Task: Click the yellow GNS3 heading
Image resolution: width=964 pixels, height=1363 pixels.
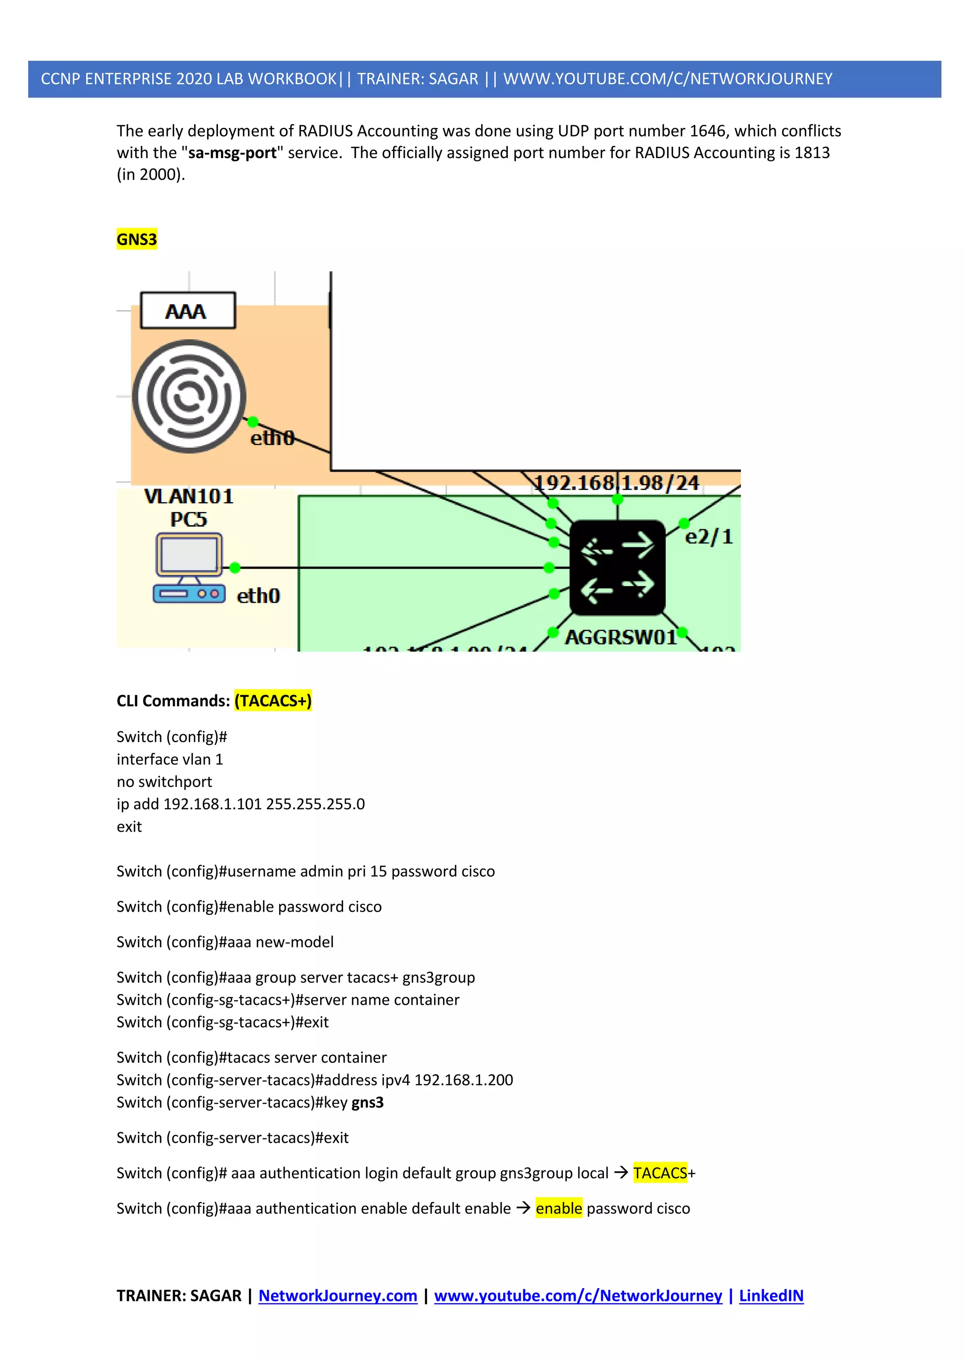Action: point(137,239)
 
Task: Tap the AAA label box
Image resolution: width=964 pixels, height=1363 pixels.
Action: point(188,311)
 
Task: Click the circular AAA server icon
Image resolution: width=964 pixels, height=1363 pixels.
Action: point(189,396)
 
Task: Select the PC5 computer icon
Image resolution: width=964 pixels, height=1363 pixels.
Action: point(189,568)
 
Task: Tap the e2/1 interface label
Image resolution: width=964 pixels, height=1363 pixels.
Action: point(709,537)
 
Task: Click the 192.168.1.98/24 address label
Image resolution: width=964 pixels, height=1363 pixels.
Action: point(616,482)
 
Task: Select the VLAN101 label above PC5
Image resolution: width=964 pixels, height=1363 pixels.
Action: point(189,496)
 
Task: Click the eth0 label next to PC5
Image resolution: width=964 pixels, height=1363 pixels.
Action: point(258,595)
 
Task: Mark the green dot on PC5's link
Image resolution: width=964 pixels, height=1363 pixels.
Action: point(235,568)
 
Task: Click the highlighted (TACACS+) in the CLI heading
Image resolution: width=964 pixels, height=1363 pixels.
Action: point(273,700)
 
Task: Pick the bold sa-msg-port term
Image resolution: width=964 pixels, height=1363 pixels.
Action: point(232,152)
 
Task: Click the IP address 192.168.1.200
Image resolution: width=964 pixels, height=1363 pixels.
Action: point(463,1080)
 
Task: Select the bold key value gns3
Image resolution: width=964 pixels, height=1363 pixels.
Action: point(368,1102)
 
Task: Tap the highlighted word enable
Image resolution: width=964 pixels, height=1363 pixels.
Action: point(559,1209)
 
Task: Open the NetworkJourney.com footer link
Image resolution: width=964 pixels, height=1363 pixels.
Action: point(338,1295)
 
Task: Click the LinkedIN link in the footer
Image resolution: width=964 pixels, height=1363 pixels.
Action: point(771,1295)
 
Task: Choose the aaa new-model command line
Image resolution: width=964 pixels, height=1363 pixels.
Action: point(225,942)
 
